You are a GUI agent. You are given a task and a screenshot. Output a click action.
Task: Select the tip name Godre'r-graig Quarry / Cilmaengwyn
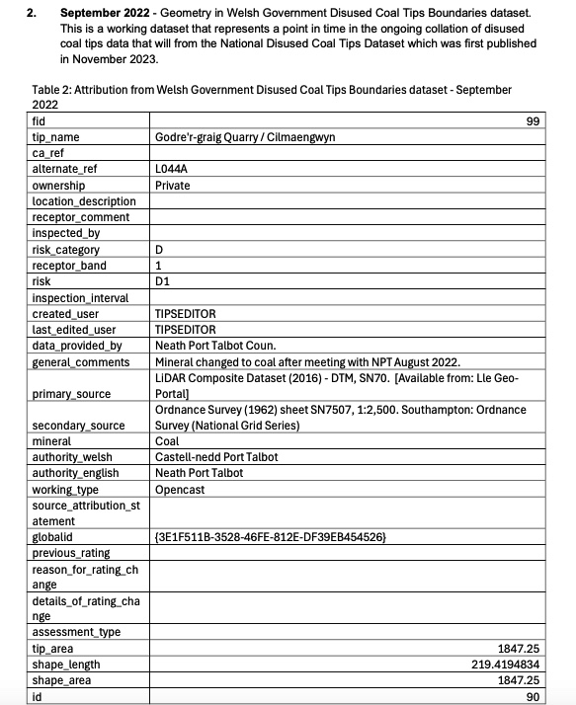245,137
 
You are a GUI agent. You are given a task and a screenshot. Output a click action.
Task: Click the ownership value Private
173,185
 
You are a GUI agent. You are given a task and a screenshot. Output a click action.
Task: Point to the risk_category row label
66,250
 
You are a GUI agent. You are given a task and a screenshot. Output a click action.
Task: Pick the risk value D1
163,281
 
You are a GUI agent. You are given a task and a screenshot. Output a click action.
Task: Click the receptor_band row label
69,266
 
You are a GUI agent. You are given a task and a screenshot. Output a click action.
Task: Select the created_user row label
65,314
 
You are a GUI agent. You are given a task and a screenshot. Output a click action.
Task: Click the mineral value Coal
167,442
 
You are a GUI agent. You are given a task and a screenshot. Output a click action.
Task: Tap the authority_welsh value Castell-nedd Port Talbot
216,458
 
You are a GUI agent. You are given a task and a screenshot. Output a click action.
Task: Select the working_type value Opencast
180,490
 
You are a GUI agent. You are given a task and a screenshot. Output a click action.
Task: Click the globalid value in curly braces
270,536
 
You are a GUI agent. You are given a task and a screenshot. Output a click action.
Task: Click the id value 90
559,696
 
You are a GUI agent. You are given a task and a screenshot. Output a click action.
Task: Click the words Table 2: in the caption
55,90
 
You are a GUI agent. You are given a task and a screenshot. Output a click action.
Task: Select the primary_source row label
72,393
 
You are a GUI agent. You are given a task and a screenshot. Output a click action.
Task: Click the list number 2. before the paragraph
32,12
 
